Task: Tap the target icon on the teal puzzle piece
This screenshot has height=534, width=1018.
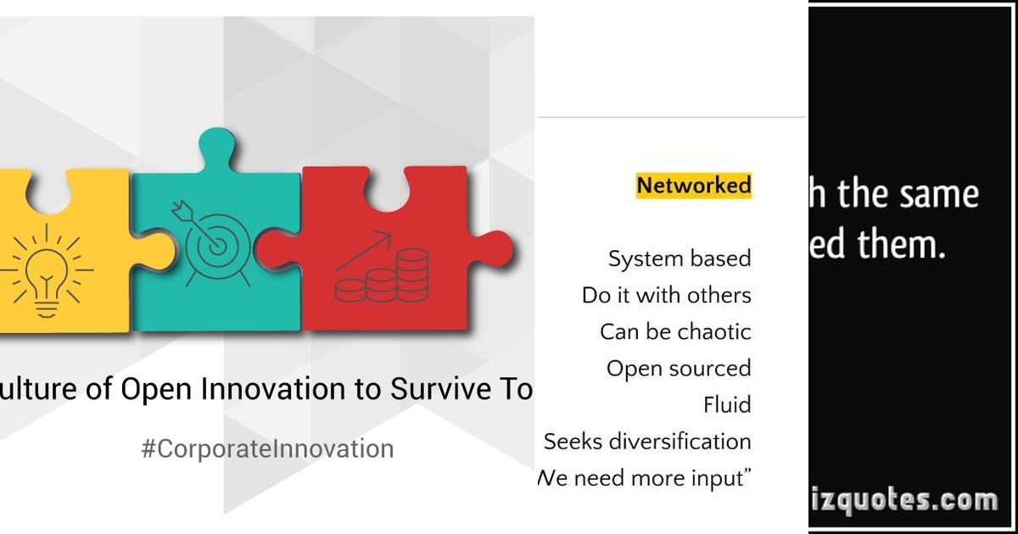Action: click(212, 242)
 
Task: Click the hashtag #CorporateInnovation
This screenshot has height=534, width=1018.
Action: click(267, 448)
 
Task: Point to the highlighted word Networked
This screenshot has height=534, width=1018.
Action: click(694, 185)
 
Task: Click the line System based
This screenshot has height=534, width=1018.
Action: click(680, 259)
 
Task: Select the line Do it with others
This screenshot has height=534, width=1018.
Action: click(667, 295)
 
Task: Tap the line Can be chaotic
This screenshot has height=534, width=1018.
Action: click(675, 331)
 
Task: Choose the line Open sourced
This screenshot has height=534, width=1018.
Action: click(679, 369)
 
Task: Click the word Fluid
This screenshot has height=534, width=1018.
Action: click(727, 405)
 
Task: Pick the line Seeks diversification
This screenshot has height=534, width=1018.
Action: click(647, 442)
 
